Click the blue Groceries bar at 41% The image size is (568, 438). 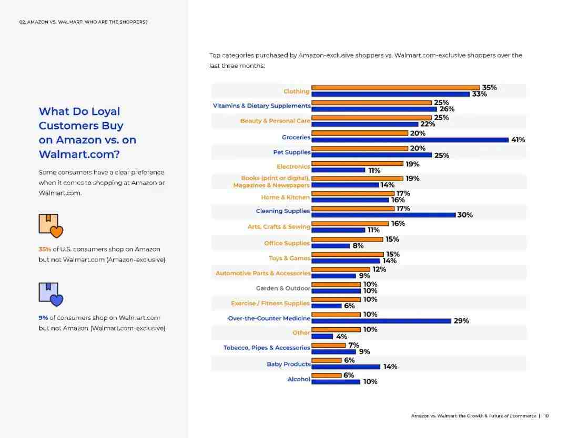(x=410, y=140)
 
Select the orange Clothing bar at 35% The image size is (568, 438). (x=395, y=88)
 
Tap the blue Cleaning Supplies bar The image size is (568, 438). (x=383, y=215)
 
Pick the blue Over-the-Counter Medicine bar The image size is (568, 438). (x=381, y=321)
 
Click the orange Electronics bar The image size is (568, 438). (x=357, y=164)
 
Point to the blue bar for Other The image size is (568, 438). (x=322, y=336)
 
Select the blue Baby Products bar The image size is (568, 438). (x=346, y=367)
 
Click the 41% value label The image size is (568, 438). (x=518, y=140)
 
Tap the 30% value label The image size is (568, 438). (x=465, y=215)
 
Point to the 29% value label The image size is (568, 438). (x=461, y=321)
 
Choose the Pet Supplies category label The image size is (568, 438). (x=291, y=152)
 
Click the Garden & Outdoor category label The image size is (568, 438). (x=283, y=288)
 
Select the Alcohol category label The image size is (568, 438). (x=299, y=379)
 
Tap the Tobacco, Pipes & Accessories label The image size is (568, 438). (x=267, y=348)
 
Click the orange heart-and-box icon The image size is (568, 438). (x=50, y=226)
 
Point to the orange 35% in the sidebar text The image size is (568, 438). (x=45, y=249)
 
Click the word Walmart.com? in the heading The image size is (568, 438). (x=79, y=154)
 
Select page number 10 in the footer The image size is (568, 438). (x=546, y=416)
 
